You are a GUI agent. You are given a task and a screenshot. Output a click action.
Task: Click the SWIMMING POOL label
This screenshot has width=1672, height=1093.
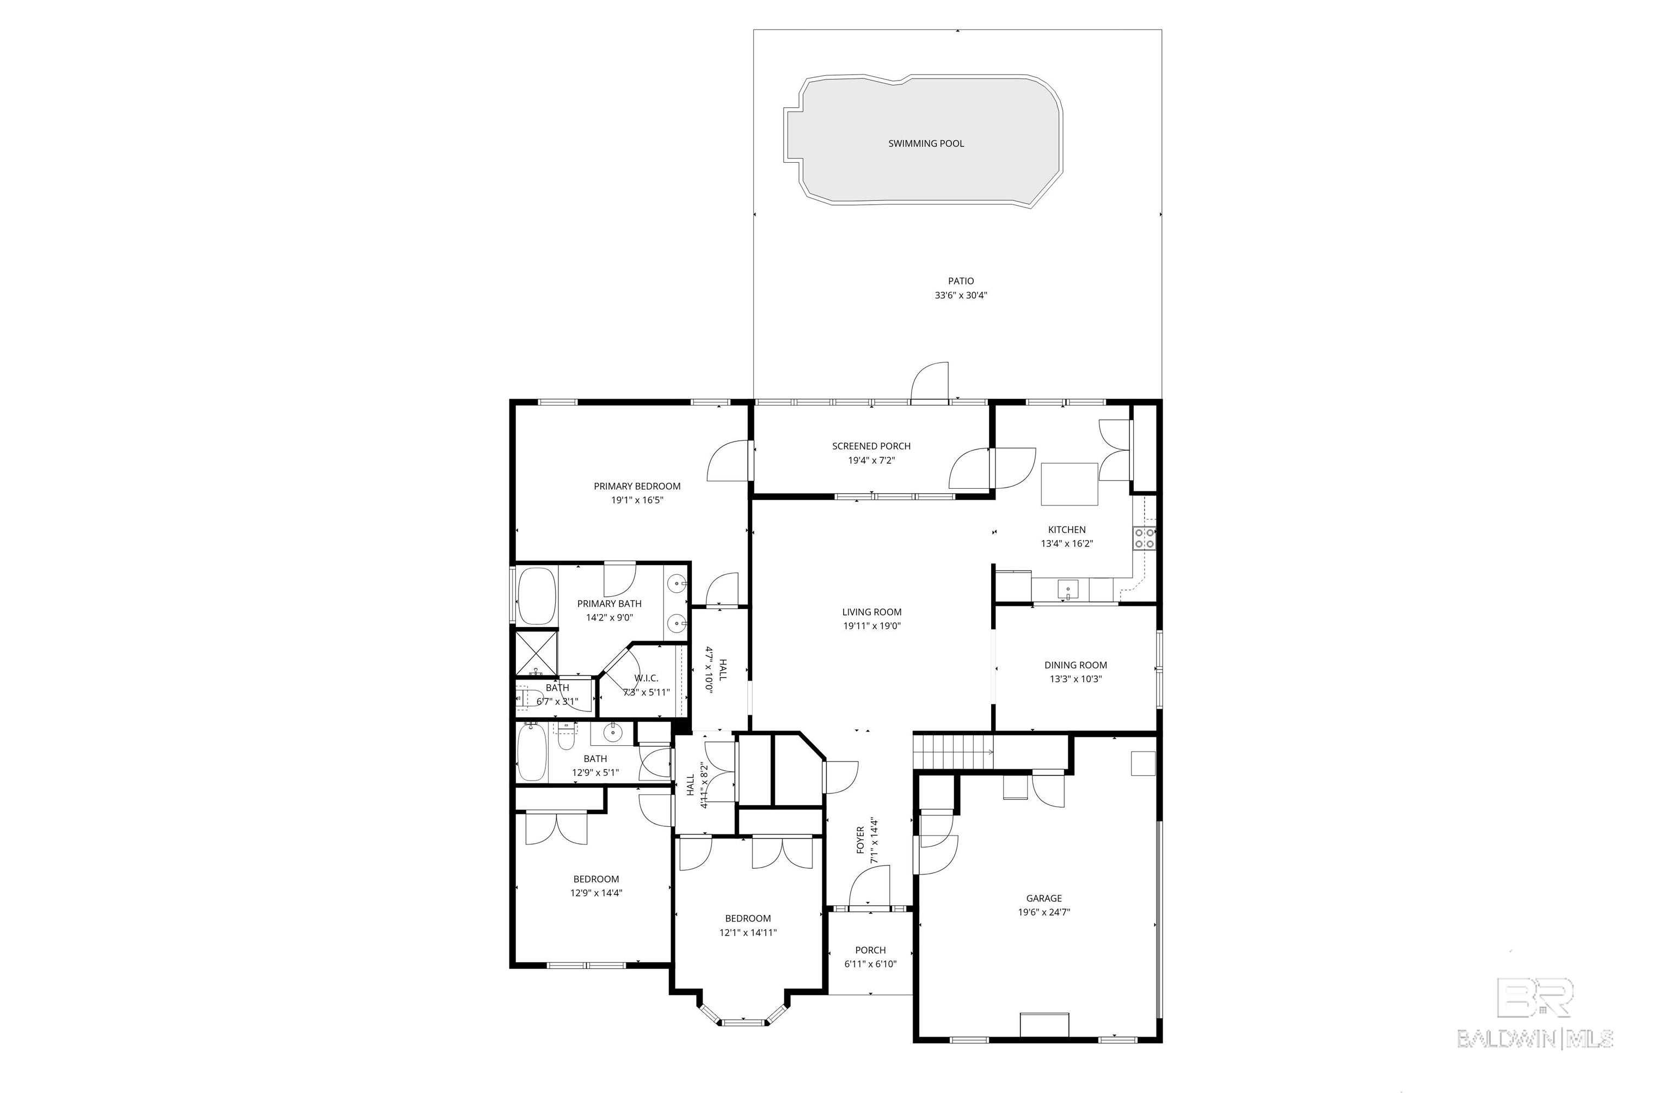[925, 143]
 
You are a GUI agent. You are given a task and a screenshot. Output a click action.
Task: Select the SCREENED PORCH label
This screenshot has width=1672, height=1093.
[871, 446]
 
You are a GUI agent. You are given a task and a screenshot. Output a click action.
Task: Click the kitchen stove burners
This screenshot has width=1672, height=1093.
[1144, 538]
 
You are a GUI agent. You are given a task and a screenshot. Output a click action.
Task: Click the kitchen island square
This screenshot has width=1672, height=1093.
[1069, 484]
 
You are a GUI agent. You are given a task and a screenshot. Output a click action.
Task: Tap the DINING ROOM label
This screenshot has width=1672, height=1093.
[1075, 665]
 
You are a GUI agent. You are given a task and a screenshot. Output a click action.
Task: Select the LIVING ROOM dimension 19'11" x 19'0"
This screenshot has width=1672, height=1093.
[872, 626]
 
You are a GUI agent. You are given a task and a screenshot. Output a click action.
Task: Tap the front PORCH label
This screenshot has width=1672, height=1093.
[870, 950]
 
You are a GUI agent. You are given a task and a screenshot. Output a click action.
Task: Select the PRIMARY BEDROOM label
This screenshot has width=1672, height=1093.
[637, 486]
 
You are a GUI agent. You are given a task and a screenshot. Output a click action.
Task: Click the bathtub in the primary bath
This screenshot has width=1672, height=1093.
[537, 595]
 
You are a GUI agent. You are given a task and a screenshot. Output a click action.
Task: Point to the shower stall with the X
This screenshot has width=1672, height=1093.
[537, 653]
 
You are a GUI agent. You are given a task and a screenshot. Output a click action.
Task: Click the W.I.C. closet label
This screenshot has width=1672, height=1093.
[646, 678]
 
